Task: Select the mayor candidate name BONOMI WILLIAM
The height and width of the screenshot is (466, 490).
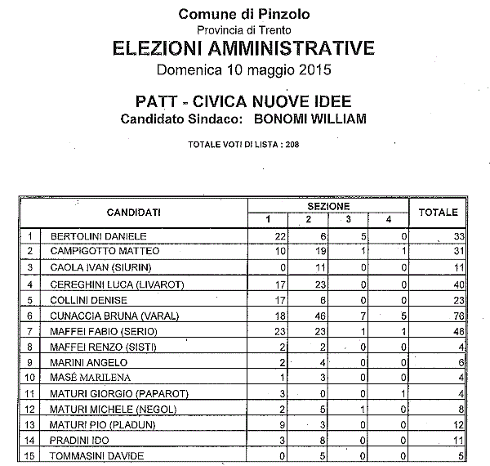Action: pyautogui.click(x=311, y=119)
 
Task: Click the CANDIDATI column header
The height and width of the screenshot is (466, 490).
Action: pyautogui.click(x=133, y=213)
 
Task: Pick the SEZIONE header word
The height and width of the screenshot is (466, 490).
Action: pyautogui.click(x=328, y=205)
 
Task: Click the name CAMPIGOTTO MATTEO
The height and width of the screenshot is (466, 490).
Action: pyautogui.click(x=93, y=250)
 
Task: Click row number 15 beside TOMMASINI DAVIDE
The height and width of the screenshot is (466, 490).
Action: pyautogui.click(x=30, y=455)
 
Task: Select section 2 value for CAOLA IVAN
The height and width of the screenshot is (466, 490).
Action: pyautogui.click(x=310, y=267)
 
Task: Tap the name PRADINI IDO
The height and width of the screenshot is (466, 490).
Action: pyautogui.click(x=75, y=440)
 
